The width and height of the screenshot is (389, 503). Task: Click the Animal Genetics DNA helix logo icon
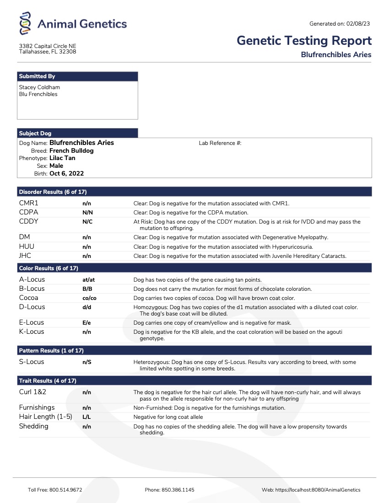click(26, 24)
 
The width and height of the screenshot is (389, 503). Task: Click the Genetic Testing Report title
click(304, 41)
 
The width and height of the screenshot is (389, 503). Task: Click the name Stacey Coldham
click(39, 87)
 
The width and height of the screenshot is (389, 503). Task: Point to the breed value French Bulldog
click(71, 150)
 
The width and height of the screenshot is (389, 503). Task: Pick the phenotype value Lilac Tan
click(62, 158)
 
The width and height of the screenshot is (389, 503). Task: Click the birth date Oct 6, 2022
click(66, 174)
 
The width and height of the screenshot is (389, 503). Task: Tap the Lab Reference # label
click(220, 143)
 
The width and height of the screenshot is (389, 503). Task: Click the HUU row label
click(27, 246)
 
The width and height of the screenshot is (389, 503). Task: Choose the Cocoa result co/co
click(89, 298)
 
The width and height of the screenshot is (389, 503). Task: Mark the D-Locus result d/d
click(86, 307)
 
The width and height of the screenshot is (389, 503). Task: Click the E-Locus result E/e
click(86, 323)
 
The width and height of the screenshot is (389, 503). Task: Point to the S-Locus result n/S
click(86, 362)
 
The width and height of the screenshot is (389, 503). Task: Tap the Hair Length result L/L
click(86, 417)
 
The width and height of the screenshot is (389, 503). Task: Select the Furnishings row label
click(37, 407)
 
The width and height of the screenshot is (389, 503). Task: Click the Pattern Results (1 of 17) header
click(51, 351)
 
